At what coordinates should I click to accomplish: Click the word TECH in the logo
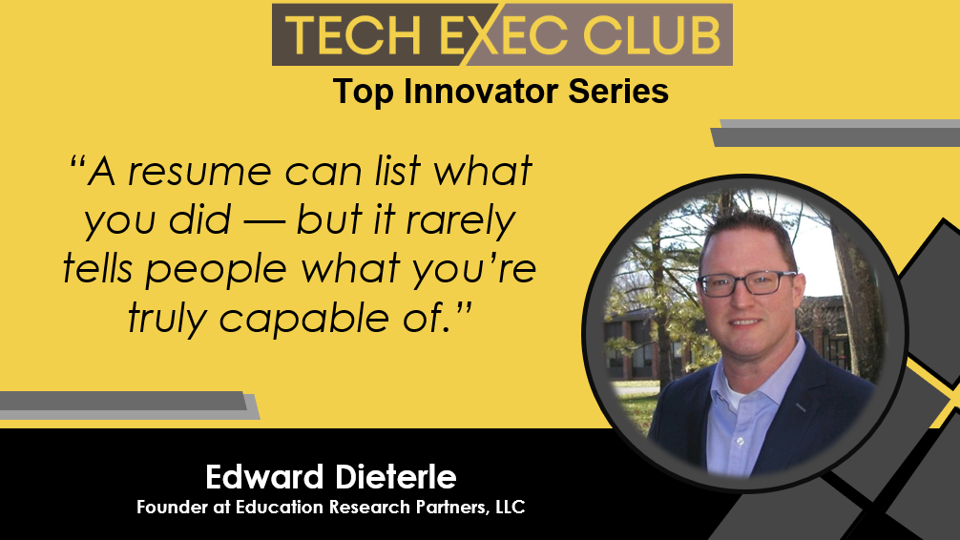(x=353, y=35)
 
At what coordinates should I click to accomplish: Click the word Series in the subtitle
(x=618, y=92)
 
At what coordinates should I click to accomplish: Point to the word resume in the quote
(x=199, y=172)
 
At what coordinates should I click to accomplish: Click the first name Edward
(x=264, y=477)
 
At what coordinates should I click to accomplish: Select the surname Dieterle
(x=395, y=477)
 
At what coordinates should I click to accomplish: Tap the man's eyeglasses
(x=747, y=282)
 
